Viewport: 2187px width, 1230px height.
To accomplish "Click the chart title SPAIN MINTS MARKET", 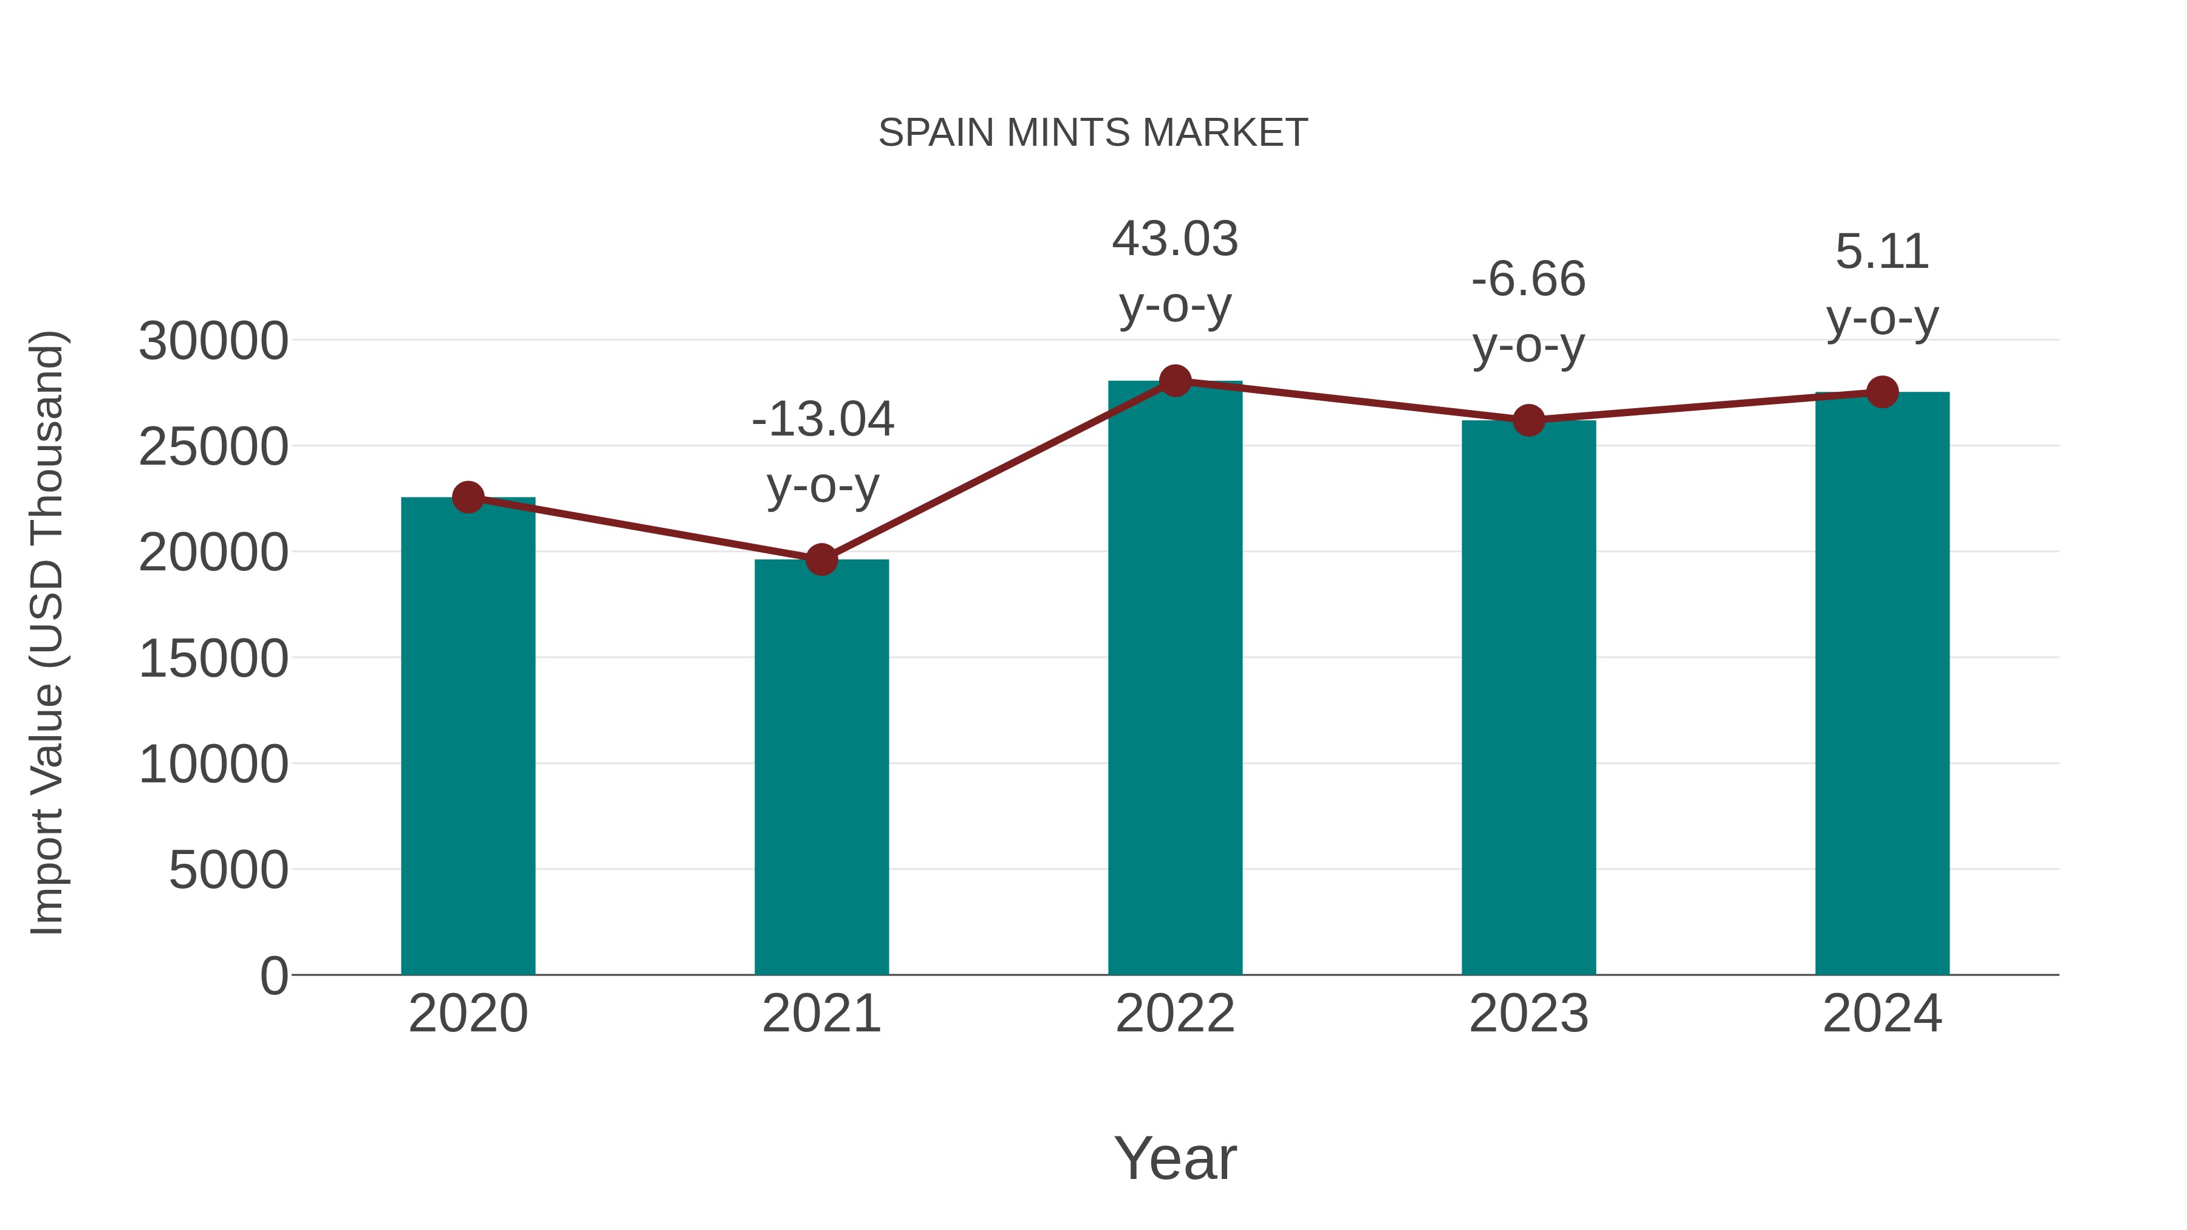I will click(1093, 133).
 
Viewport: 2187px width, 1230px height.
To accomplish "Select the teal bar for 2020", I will click(468, 739).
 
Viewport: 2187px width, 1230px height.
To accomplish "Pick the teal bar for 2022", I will click(1175, 679).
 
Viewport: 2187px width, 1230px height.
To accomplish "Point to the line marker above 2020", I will click(468, 497).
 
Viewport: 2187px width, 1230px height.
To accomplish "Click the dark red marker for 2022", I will click(1175, 381).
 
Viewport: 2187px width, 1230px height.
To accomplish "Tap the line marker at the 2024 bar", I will click(1882, 392).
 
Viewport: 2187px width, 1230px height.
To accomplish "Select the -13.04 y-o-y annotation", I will click(823, 453).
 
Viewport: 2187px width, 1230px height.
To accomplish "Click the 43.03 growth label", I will click(1175, 272).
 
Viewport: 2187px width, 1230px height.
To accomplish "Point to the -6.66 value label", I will click(1528, 312).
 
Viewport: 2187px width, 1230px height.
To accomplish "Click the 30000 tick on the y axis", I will click(213, 341).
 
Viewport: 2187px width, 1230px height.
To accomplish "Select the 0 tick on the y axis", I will click(273, 976).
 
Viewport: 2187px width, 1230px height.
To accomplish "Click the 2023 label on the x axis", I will click(1528, 1014).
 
